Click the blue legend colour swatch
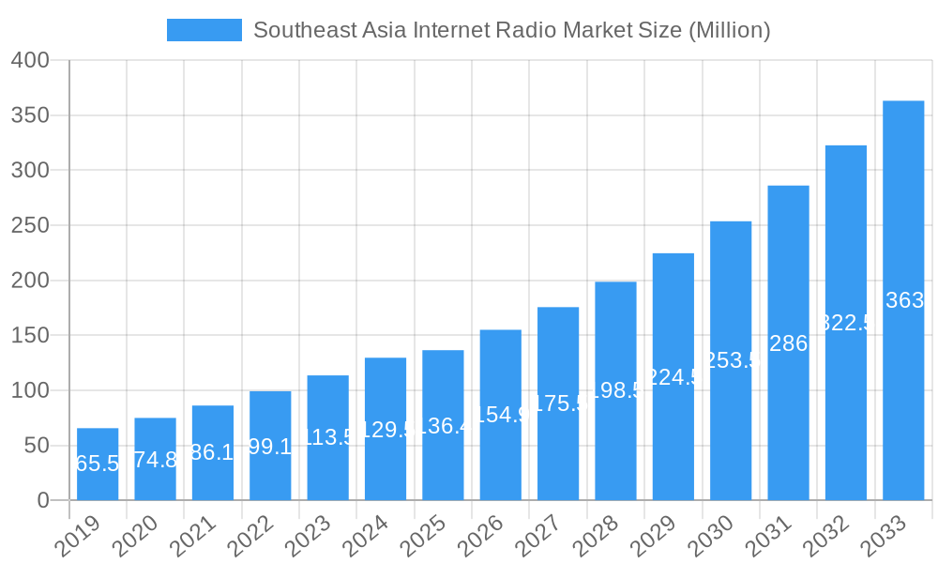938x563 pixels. [x=204, y=30]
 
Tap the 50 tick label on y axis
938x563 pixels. [x=38, y=446]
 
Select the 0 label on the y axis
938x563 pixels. [x=43, y=500]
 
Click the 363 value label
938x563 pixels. [x=904, y=300]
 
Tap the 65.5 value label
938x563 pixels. [x=97, y=464]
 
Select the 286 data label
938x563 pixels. [x=788, y=343]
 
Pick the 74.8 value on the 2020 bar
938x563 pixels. [x=155, y=460]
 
